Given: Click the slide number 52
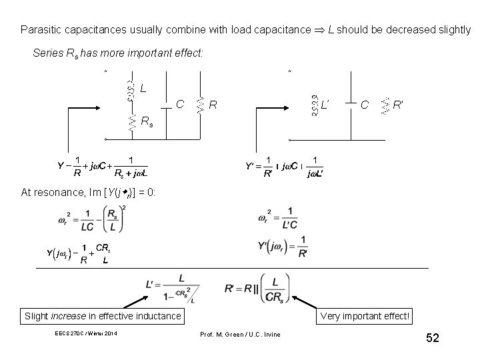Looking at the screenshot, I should click(433, 338).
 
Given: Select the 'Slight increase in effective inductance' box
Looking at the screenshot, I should click(102, 316).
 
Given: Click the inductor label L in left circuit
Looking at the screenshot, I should click(143, 88).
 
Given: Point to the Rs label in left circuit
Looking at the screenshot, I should click(146, 121).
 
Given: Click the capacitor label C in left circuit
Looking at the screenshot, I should click(180, 104).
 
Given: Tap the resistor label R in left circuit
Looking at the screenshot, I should click(213, 105).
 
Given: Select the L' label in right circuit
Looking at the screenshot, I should click(326, 105).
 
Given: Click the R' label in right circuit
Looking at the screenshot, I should click(398, 105).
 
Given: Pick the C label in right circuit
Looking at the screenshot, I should click(364, 105).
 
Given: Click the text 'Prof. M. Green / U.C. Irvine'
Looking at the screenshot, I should click(240, 333).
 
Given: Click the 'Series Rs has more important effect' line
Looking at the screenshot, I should click(117, 53).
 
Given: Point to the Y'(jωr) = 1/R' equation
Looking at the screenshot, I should click(283, 248).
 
